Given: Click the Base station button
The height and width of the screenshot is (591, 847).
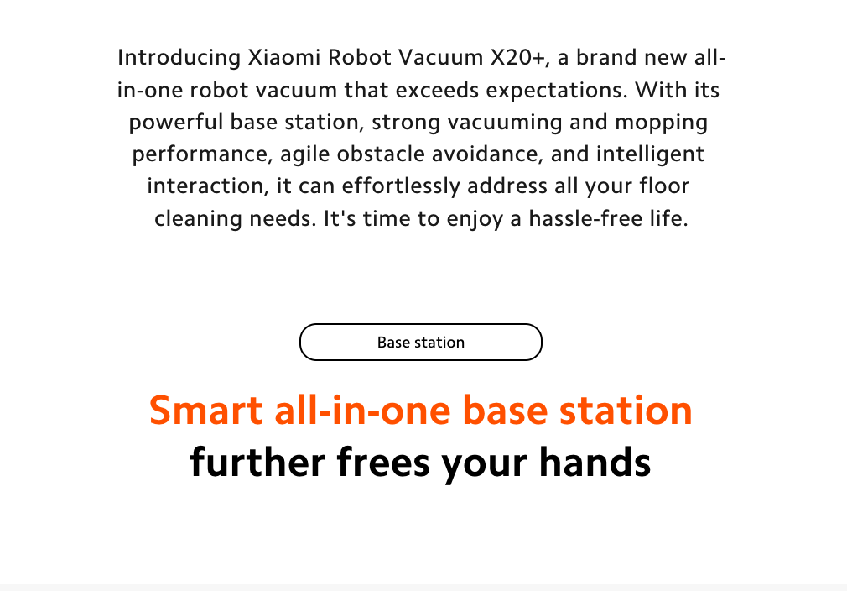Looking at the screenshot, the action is (x=421, y=343).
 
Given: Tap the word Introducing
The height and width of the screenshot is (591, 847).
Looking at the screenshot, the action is (x=179, y=58).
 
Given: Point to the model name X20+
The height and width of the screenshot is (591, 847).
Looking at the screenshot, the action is (x=520, y=57).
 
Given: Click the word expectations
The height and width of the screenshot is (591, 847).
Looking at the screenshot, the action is (x=557, y=91).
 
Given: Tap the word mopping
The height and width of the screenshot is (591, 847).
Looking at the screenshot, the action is (x=661, y=123).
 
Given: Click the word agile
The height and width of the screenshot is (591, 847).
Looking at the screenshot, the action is (x=304, y=154).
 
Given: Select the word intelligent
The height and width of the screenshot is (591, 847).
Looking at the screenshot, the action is (x=651, y=154).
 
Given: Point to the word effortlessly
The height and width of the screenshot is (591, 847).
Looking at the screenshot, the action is (x=401, y=186).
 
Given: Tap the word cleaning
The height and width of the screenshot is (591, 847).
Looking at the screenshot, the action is (x=198, y=218).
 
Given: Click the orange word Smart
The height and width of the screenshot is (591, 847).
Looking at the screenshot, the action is (x=205, y=410).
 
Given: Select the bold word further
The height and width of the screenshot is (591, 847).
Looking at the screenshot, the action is (x=257, y=463).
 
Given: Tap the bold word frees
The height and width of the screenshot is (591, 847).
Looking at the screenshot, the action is (x=383, y=463).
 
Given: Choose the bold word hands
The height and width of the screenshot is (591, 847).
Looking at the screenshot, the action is (x=595, y=463).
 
